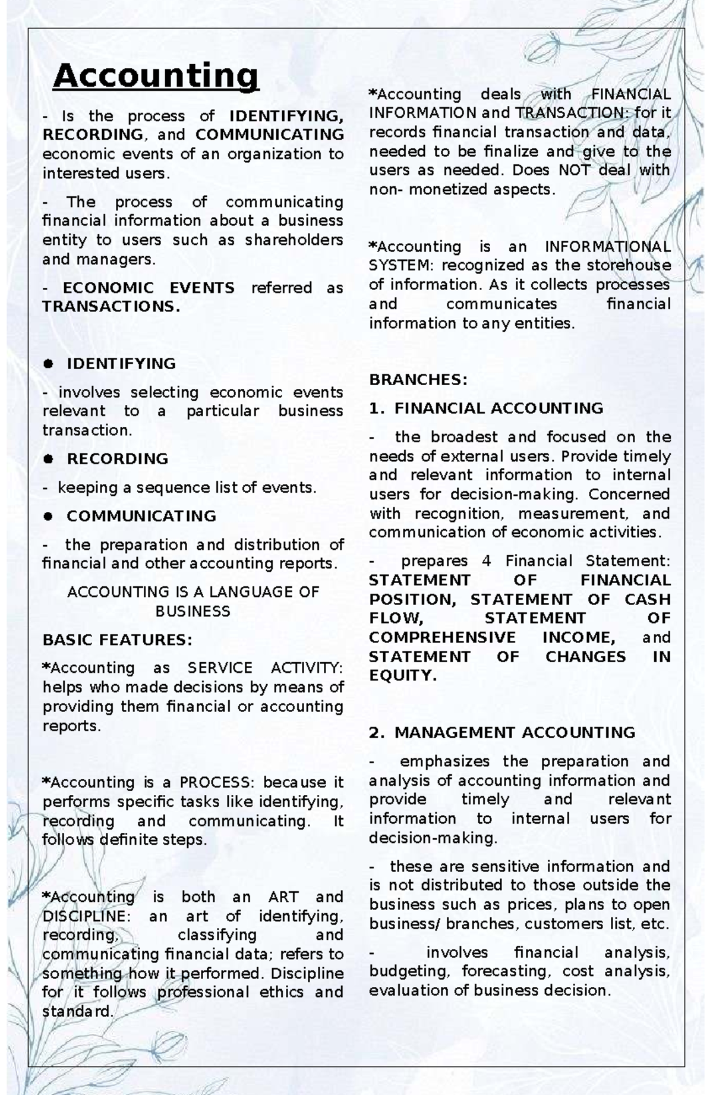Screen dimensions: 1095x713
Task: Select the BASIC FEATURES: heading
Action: point(118,640)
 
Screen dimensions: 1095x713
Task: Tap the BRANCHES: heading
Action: point(418,380)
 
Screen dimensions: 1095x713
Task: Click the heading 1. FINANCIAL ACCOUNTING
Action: point(486,408)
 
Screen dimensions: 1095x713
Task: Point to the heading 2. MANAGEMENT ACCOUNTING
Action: point(502,732)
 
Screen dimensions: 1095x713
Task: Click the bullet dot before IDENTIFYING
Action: point(49,364)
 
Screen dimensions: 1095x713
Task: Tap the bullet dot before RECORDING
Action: point(49,459)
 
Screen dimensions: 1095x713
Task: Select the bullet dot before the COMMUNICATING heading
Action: point(49,516)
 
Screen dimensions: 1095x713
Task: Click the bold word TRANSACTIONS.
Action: point(111,307)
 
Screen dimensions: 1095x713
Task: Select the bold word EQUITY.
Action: point(402,676)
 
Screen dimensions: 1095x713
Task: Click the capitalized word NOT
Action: point(575,170)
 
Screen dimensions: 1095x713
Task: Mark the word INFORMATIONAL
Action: point(608,246)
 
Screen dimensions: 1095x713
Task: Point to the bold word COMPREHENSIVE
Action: point(442,638)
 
